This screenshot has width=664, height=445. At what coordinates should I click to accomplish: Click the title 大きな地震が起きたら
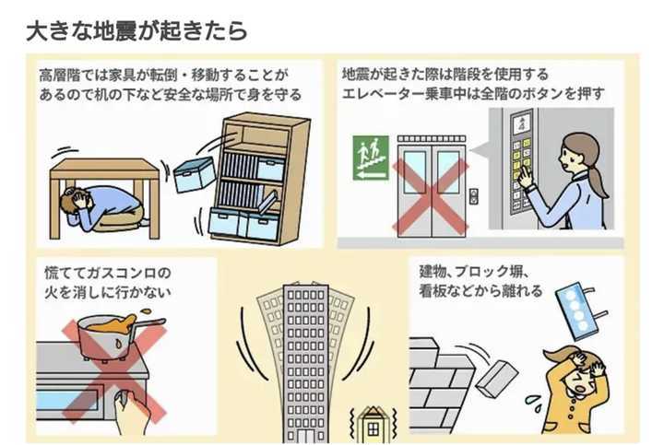coord(136,29)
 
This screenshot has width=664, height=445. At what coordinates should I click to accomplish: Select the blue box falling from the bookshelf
coord(194,172)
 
